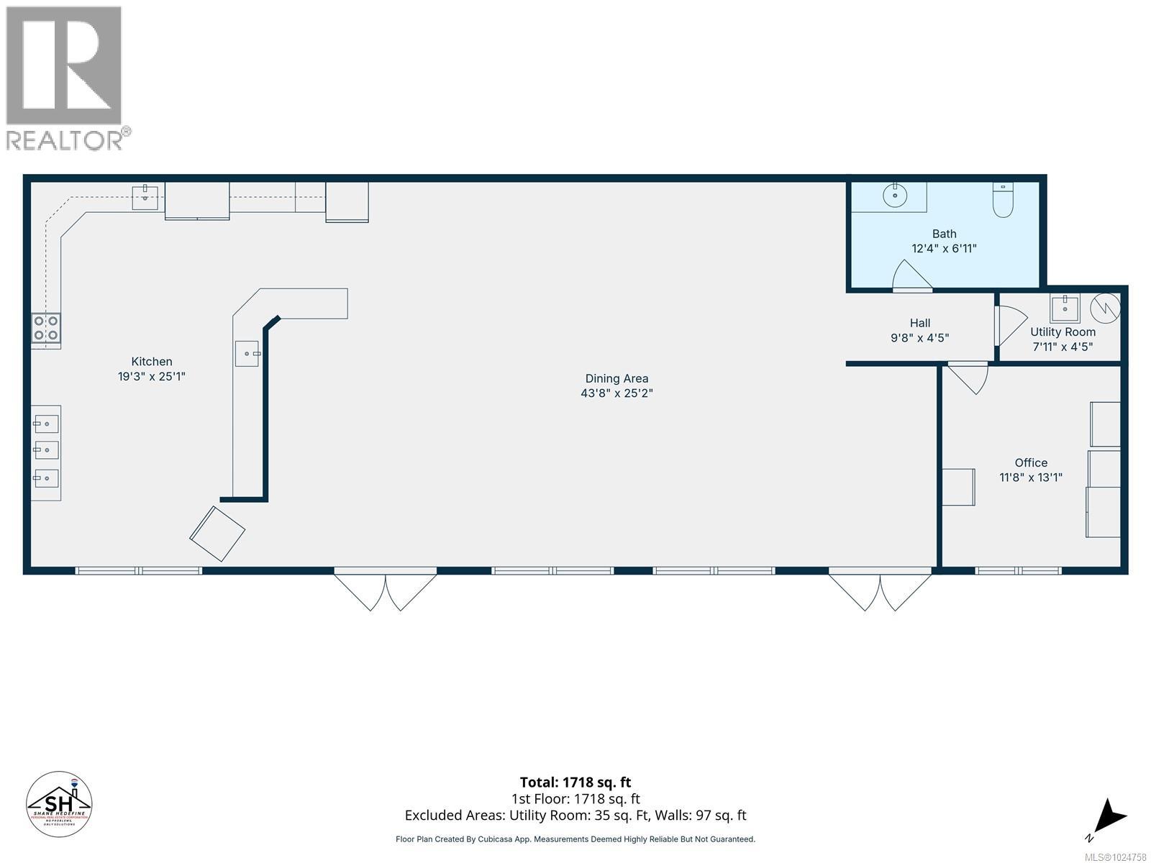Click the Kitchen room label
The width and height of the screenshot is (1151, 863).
(152, 362)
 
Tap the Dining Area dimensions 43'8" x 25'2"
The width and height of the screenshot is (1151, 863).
(617, 393)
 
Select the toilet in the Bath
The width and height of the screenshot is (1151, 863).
(1003, 201)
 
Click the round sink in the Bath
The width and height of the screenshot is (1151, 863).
(895, 195)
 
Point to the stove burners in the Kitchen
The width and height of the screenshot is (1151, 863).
(46, 329)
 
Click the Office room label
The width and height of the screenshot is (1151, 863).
(1031, 463)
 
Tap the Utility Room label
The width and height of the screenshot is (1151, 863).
(1063, 332)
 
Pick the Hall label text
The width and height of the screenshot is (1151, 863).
(919, 324)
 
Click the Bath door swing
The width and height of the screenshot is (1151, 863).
(910, 277)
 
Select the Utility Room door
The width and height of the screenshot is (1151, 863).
(1009, 325)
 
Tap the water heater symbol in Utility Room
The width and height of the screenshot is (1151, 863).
(1104, 309)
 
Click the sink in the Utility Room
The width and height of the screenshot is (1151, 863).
(1065, 309)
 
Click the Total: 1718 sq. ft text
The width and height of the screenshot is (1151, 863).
(575, 782)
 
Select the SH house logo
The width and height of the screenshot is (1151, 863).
(59, 805)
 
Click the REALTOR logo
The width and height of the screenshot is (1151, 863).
(65, 78)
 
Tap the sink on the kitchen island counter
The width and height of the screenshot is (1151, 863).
(247, 353)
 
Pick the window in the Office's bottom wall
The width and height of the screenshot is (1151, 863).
(1018, 571)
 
